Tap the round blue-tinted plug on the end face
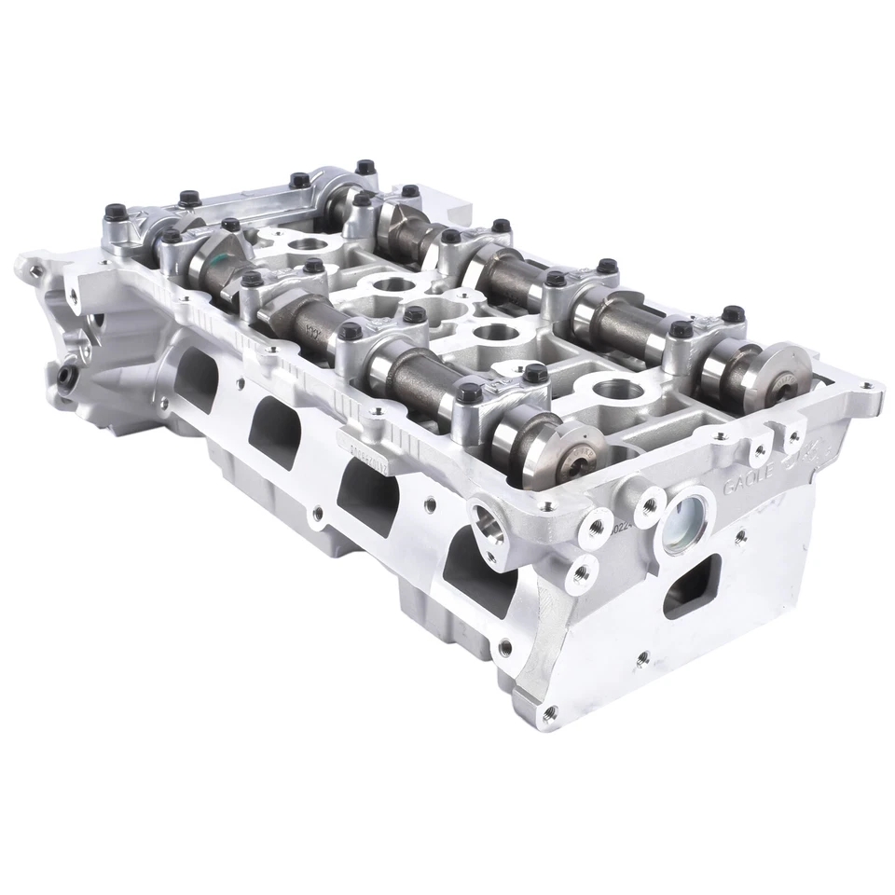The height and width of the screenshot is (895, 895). point(687,516)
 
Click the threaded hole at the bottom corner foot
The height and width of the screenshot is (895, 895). point(549,711)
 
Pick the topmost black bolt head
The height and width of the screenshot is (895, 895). point(363,167)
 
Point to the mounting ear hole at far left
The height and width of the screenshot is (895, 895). point(34,270)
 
